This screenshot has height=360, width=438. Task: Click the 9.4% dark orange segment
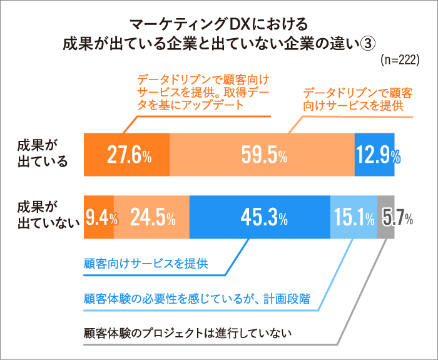pos(99,217)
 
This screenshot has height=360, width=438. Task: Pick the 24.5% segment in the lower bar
pos(151,217)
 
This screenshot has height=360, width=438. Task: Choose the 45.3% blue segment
pos(260,217)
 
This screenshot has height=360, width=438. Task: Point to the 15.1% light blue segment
pos(354,217)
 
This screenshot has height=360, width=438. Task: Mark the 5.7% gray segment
pos(386,217)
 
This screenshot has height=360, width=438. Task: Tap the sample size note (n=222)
pos(399,60)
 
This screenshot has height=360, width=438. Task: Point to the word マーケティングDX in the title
pos(188,24)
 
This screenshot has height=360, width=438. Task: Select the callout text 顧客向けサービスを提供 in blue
pos(145,262)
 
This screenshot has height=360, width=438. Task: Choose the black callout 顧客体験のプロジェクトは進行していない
pos(187,331)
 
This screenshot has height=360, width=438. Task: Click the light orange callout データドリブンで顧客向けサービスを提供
pos(357,99)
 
